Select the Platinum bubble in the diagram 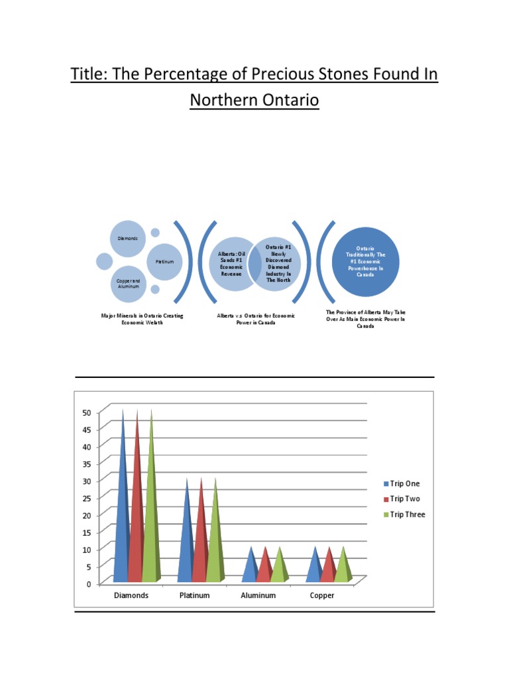pos(164,261)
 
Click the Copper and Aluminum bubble pos(128,283)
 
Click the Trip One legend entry pos(405,484)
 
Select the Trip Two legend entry pos(405,499)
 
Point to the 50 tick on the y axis pos(87,412)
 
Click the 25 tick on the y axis pos(87,497)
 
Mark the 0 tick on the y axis pos(89,584)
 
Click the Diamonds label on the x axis pos(131,595)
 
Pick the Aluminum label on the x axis pos(258,595)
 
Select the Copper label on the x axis pos(322,595)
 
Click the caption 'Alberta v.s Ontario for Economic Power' pos(256,320)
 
